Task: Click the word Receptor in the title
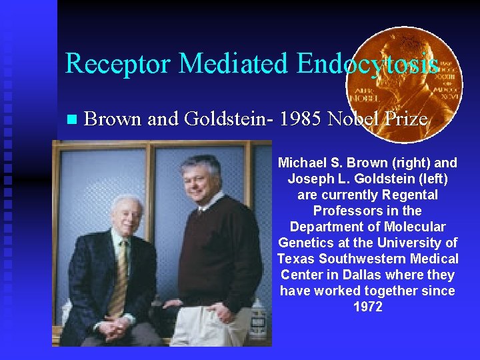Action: point(118,64)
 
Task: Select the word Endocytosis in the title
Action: point(367,64)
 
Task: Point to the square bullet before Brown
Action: point(72,120)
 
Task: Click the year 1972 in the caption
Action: point(367,307)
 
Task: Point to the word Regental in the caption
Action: point(411,195)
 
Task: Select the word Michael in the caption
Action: point(299,163)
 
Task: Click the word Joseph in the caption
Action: point(309,179)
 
